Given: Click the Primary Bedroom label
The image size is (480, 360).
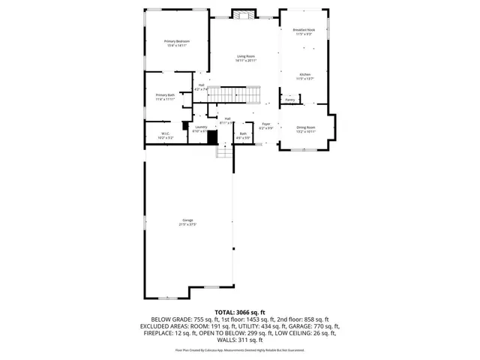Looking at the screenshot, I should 177,40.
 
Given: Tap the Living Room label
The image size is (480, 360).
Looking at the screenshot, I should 246,56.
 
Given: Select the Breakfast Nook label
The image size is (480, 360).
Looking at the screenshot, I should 304,30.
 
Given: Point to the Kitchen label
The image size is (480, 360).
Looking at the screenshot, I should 304,74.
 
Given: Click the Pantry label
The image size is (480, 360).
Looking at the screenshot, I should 289,99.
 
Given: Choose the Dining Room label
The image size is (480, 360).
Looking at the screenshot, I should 306,127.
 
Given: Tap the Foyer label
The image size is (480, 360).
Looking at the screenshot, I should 265,124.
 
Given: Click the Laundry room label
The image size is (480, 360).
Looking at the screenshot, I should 201,127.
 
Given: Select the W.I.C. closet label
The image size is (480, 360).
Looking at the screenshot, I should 166,134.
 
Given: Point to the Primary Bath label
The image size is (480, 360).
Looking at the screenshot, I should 165,94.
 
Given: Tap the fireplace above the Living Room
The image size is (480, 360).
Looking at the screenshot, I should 244,14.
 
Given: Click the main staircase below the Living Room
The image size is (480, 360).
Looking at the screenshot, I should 233,94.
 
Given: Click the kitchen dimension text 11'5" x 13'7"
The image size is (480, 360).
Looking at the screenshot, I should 304,79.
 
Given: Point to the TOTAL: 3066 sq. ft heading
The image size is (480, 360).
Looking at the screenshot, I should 240,311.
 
